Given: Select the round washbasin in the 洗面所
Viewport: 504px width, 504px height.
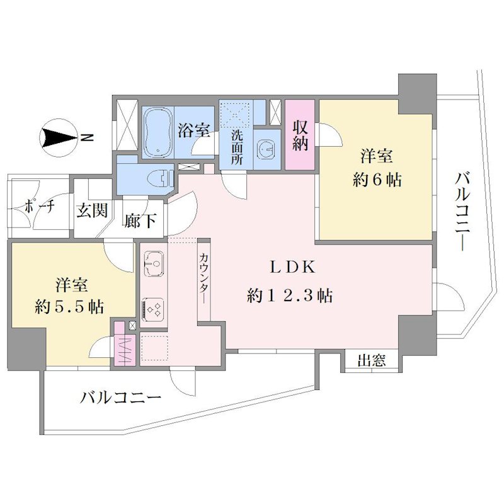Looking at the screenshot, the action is pyautogui.click(x=266, y=149).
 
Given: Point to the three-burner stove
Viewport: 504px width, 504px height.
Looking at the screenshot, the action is pyautogui.click(x=153, y=309).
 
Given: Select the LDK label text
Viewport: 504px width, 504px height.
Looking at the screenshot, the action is pyautogui.click(x=292, y=267).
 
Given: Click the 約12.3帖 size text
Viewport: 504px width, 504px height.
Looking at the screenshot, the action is pyautogui.click(x=290, y=295).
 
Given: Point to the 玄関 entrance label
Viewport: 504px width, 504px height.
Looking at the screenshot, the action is pyautogui.click(x=92, y=210).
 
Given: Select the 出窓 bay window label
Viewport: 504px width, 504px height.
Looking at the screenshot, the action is pyautogui.click(x=372, y=360).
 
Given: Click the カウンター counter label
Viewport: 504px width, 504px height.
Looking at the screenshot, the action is pyautogui.click(x=203, y=278).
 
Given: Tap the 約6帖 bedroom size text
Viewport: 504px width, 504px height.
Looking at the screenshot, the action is pyautogui.click(x=377, y=180).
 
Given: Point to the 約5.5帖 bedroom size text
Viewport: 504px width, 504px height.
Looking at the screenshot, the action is pyautogui.click(x=70, y=307).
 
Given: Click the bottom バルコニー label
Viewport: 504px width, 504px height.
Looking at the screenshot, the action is pyautogui.click(x=121, y=399).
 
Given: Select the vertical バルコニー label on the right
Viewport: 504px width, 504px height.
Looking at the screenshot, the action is pyautogui.click(x=462, y=212).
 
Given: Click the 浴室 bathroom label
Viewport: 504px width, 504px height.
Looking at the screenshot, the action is pyautogui.click(x=194, y=130).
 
